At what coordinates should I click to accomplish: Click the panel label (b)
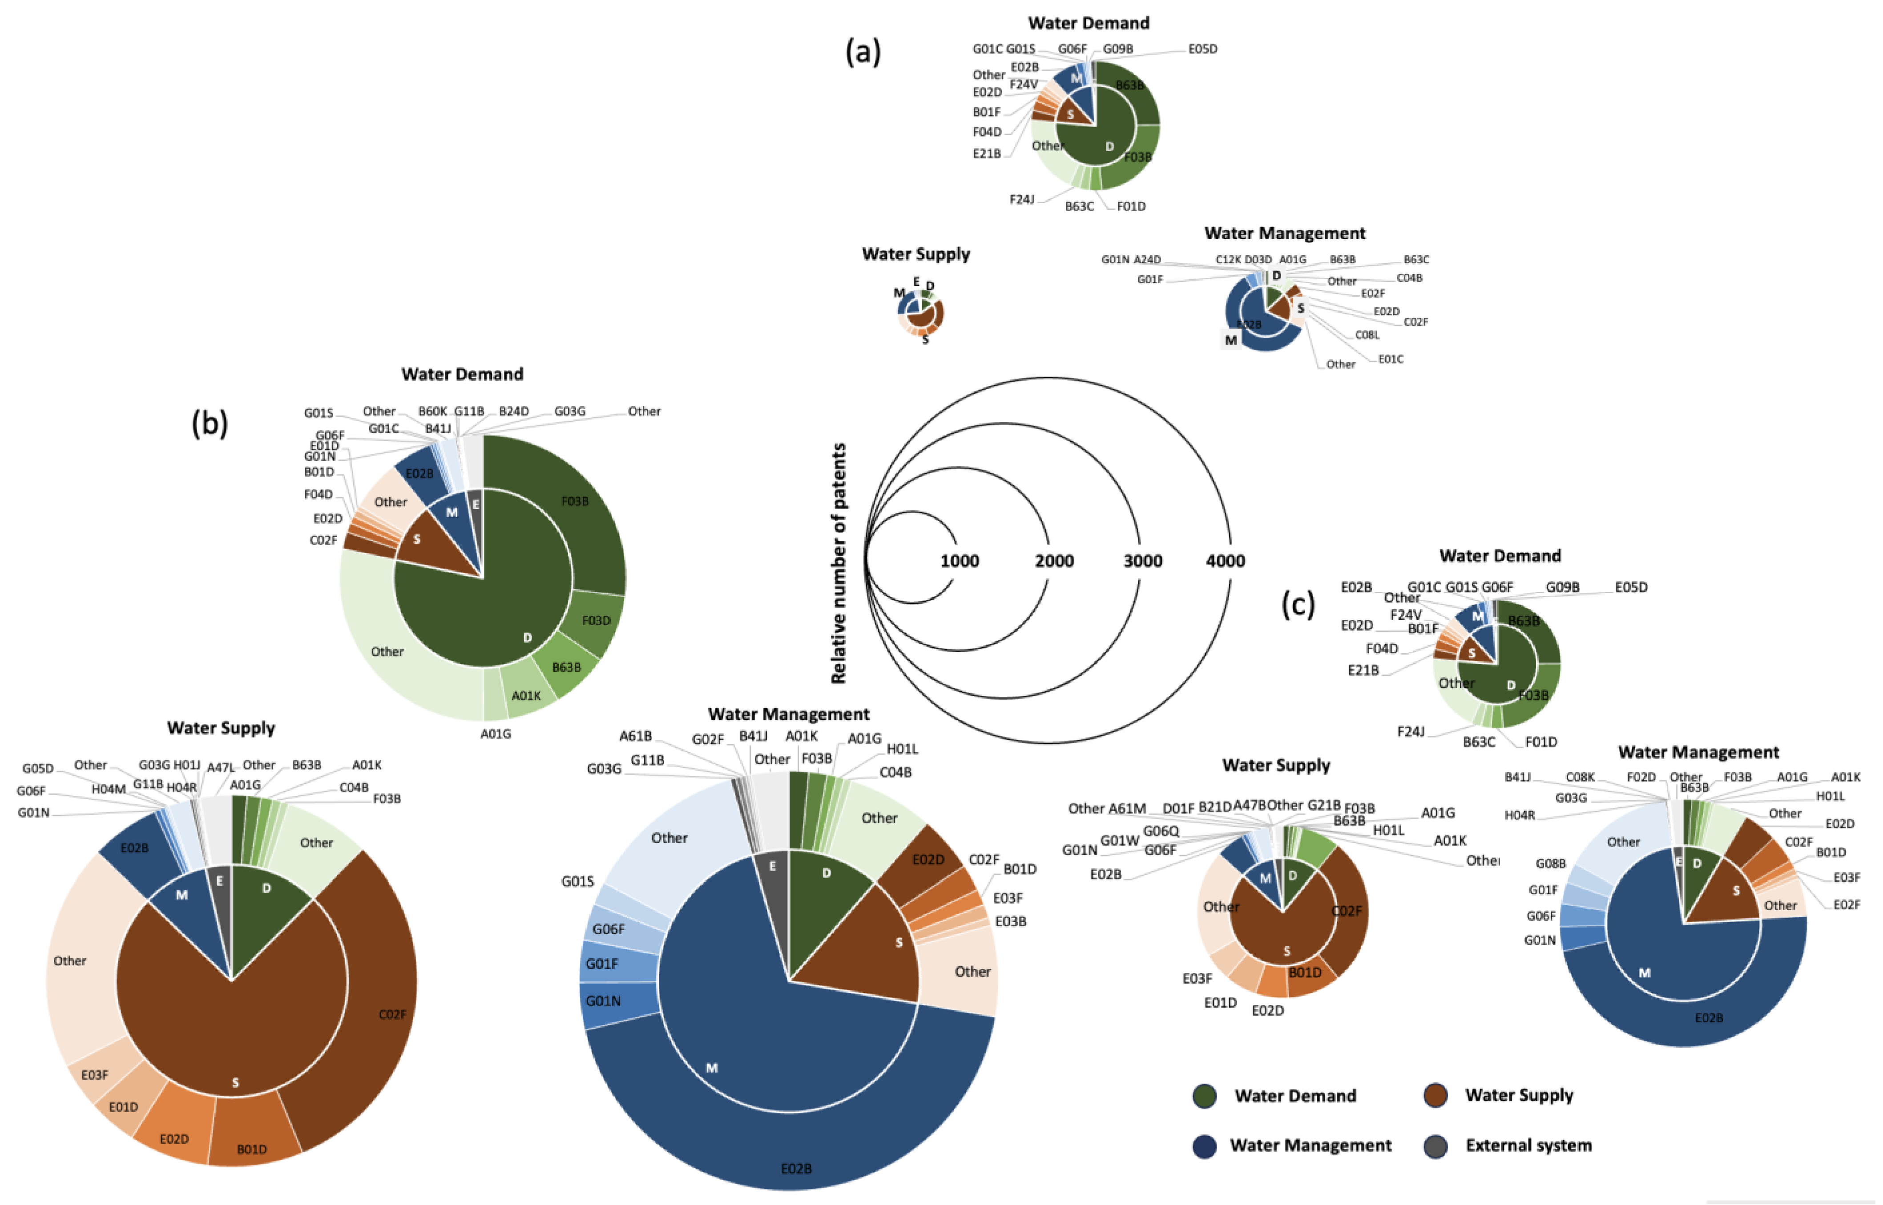[210, 423]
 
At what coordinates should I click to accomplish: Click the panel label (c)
[1298, 604]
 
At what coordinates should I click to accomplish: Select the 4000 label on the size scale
[1225, 561]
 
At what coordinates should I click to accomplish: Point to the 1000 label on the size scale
[960, 561]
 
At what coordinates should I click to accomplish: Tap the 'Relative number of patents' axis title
[838, 563]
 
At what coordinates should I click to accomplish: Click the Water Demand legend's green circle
[1205, 1096]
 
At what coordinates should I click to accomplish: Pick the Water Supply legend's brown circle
[1435, 1096]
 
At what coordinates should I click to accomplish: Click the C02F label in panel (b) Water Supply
[392, 1015]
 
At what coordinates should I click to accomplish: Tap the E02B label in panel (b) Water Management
[796, 1168]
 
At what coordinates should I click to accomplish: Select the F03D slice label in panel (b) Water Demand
[596, 620]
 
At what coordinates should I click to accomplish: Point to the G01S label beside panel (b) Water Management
[577, 882]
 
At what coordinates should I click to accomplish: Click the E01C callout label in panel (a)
[1391, 359]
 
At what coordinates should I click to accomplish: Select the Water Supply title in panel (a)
[915, 254]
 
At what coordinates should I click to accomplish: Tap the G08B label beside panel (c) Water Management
[1550, 864]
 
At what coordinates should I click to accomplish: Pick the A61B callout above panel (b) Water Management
[636, 736]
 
